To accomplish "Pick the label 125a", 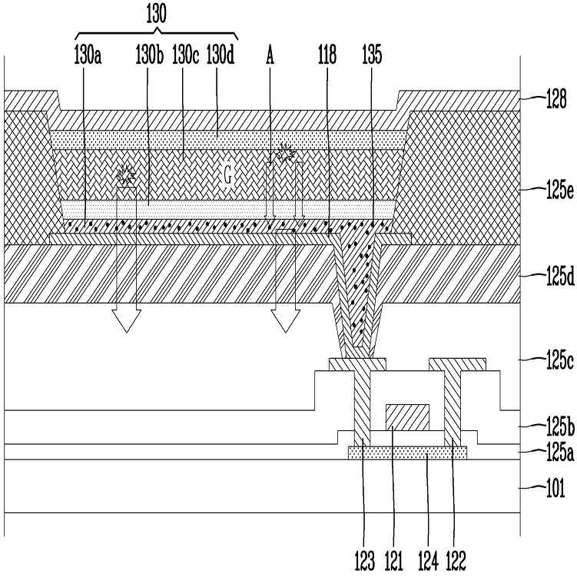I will [x=553, y=453].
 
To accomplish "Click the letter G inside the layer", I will [x=227, y=176].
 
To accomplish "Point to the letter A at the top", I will [x=270, y=56].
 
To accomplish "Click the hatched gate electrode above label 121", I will [x=405, y=417].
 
